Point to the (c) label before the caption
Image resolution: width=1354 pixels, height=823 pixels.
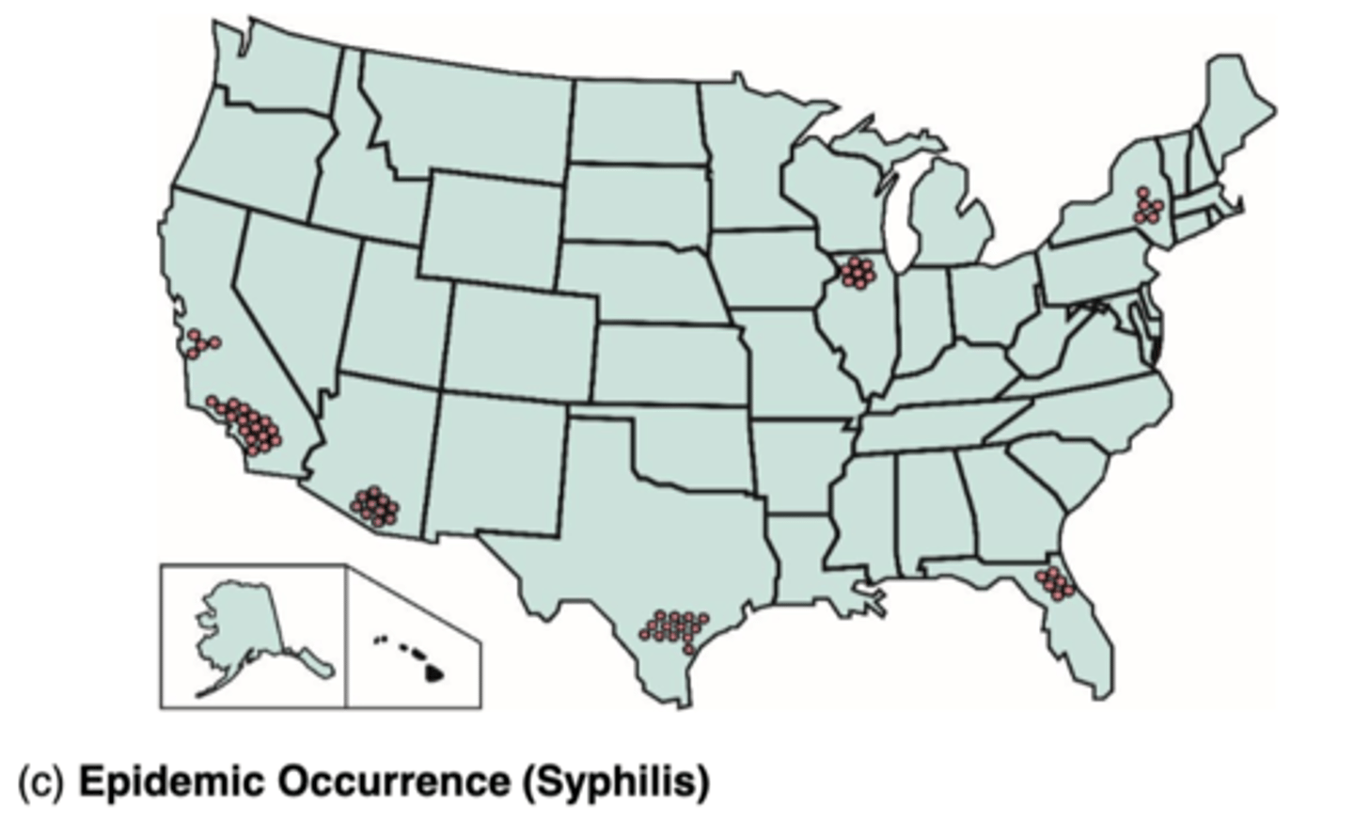tap(40, 782)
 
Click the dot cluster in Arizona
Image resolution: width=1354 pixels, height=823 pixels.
tap(374, 506)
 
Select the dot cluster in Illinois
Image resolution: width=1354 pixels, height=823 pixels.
tap(857, 272)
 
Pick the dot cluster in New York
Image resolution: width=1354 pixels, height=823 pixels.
tap(1147, 206)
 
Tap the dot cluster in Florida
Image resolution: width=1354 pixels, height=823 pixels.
tap(1054, 582)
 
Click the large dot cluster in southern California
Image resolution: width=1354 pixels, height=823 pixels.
tap(246, 424)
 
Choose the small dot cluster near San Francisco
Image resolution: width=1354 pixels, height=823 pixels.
tap(200, 343)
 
